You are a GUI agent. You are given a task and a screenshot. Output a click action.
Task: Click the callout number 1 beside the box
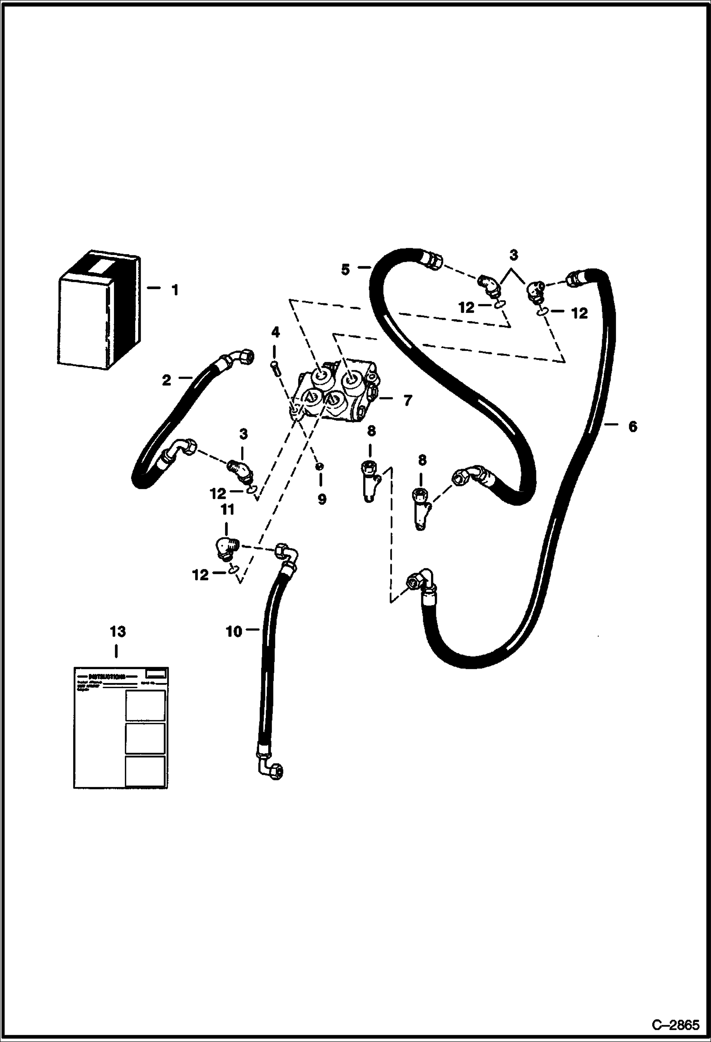coord(175,290)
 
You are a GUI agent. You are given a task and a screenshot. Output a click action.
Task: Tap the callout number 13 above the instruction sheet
coord(118,632)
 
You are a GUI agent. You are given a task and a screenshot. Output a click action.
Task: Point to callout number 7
coord(407,400)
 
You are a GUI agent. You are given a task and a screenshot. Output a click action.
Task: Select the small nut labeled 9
coord(320,466)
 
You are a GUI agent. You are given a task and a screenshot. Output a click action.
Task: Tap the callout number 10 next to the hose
coord(234,631)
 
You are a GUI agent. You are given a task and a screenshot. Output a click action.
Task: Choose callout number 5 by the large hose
coord(345,269)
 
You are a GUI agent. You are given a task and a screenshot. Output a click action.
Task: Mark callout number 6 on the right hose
coord(632,426)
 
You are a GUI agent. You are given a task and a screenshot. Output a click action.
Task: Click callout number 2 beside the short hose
coord(166,380)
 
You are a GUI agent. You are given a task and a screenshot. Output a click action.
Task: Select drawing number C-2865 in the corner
coord(675,1023)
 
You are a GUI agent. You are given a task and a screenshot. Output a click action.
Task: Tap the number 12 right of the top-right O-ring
coord(580,313)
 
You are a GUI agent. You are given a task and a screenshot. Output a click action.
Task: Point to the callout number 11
coord(227,510)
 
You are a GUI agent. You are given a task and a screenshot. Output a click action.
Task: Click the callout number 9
coord(322,499)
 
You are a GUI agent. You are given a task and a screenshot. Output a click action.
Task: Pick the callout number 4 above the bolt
coord(275,332)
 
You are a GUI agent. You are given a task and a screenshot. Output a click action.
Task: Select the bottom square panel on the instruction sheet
coord(145,770)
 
